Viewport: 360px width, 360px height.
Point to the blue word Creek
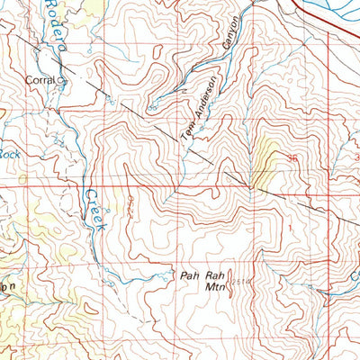pyautogui.click(x=94, y=211)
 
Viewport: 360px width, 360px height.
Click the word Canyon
pyautogui.click(x=232, y=37)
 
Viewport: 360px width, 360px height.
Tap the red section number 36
pyautogui.click(x=291, y=158)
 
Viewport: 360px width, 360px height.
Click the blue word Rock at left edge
pyautogui.click(x=8, y=154)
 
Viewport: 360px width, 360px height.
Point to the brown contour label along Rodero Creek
pyautogui.click(x=136, y=201)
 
